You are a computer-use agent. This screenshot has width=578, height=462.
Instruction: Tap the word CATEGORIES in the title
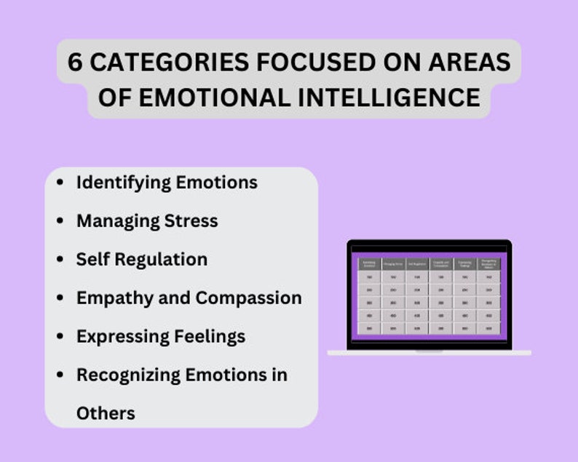click(x=153, y=62)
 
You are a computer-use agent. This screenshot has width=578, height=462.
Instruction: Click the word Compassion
click(x=248, y=298)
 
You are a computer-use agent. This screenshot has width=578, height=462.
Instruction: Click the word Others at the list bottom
click(x=106, y=413)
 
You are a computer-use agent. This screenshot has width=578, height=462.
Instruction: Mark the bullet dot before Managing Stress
click(x=60, y=220)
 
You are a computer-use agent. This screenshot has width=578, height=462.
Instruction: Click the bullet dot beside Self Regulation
click(x=60, y=259)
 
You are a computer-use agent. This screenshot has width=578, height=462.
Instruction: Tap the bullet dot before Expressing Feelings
click(x=60, y=336)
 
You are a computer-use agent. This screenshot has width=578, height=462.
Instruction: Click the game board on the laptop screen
click(x=429, y=295)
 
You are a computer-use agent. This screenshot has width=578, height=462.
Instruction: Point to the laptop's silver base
click(x=429, y=353)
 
